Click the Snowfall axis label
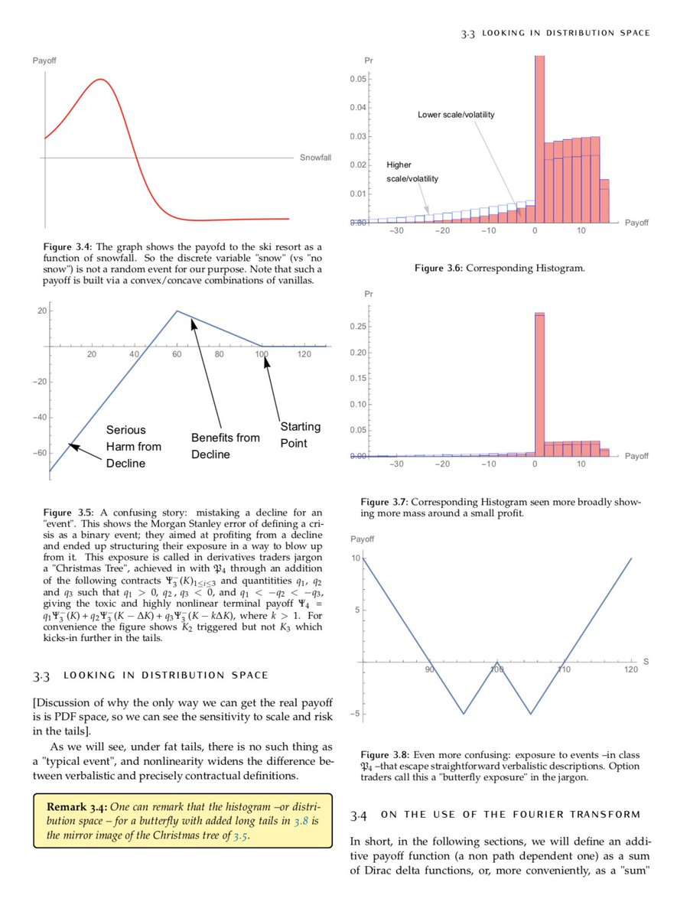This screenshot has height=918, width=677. (x=315, y=157)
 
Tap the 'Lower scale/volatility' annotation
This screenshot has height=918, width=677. (x=456, y=115)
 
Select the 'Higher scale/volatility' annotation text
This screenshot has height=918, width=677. (x=412, y=171)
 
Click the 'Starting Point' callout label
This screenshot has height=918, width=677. (x=300, y=435)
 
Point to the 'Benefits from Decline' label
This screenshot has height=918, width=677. (x=220, y=446)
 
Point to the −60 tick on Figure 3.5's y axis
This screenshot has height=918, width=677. (x=37, y=453)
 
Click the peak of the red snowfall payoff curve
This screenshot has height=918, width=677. (x=99, y=79)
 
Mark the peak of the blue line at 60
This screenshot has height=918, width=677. (x=177, y=311)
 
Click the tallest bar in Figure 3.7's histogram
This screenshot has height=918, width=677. (x=539, y=382)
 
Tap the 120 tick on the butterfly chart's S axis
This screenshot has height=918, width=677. (x=630, y=669)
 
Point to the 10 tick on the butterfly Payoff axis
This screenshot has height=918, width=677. (x=356, y=558)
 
